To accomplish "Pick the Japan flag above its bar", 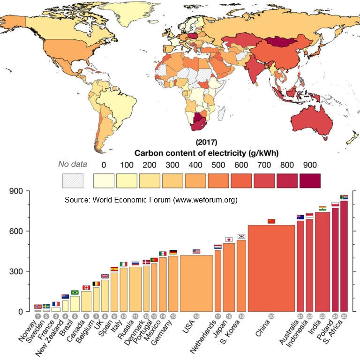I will [x=229, y=240].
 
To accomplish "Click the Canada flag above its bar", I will [x=86, y=287].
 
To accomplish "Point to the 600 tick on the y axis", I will [x=22, y=232].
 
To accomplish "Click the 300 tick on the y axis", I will [x=22, y=271].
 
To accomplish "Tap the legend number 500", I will [x=218, y=165].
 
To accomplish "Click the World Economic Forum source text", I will [x=151, y=200].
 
